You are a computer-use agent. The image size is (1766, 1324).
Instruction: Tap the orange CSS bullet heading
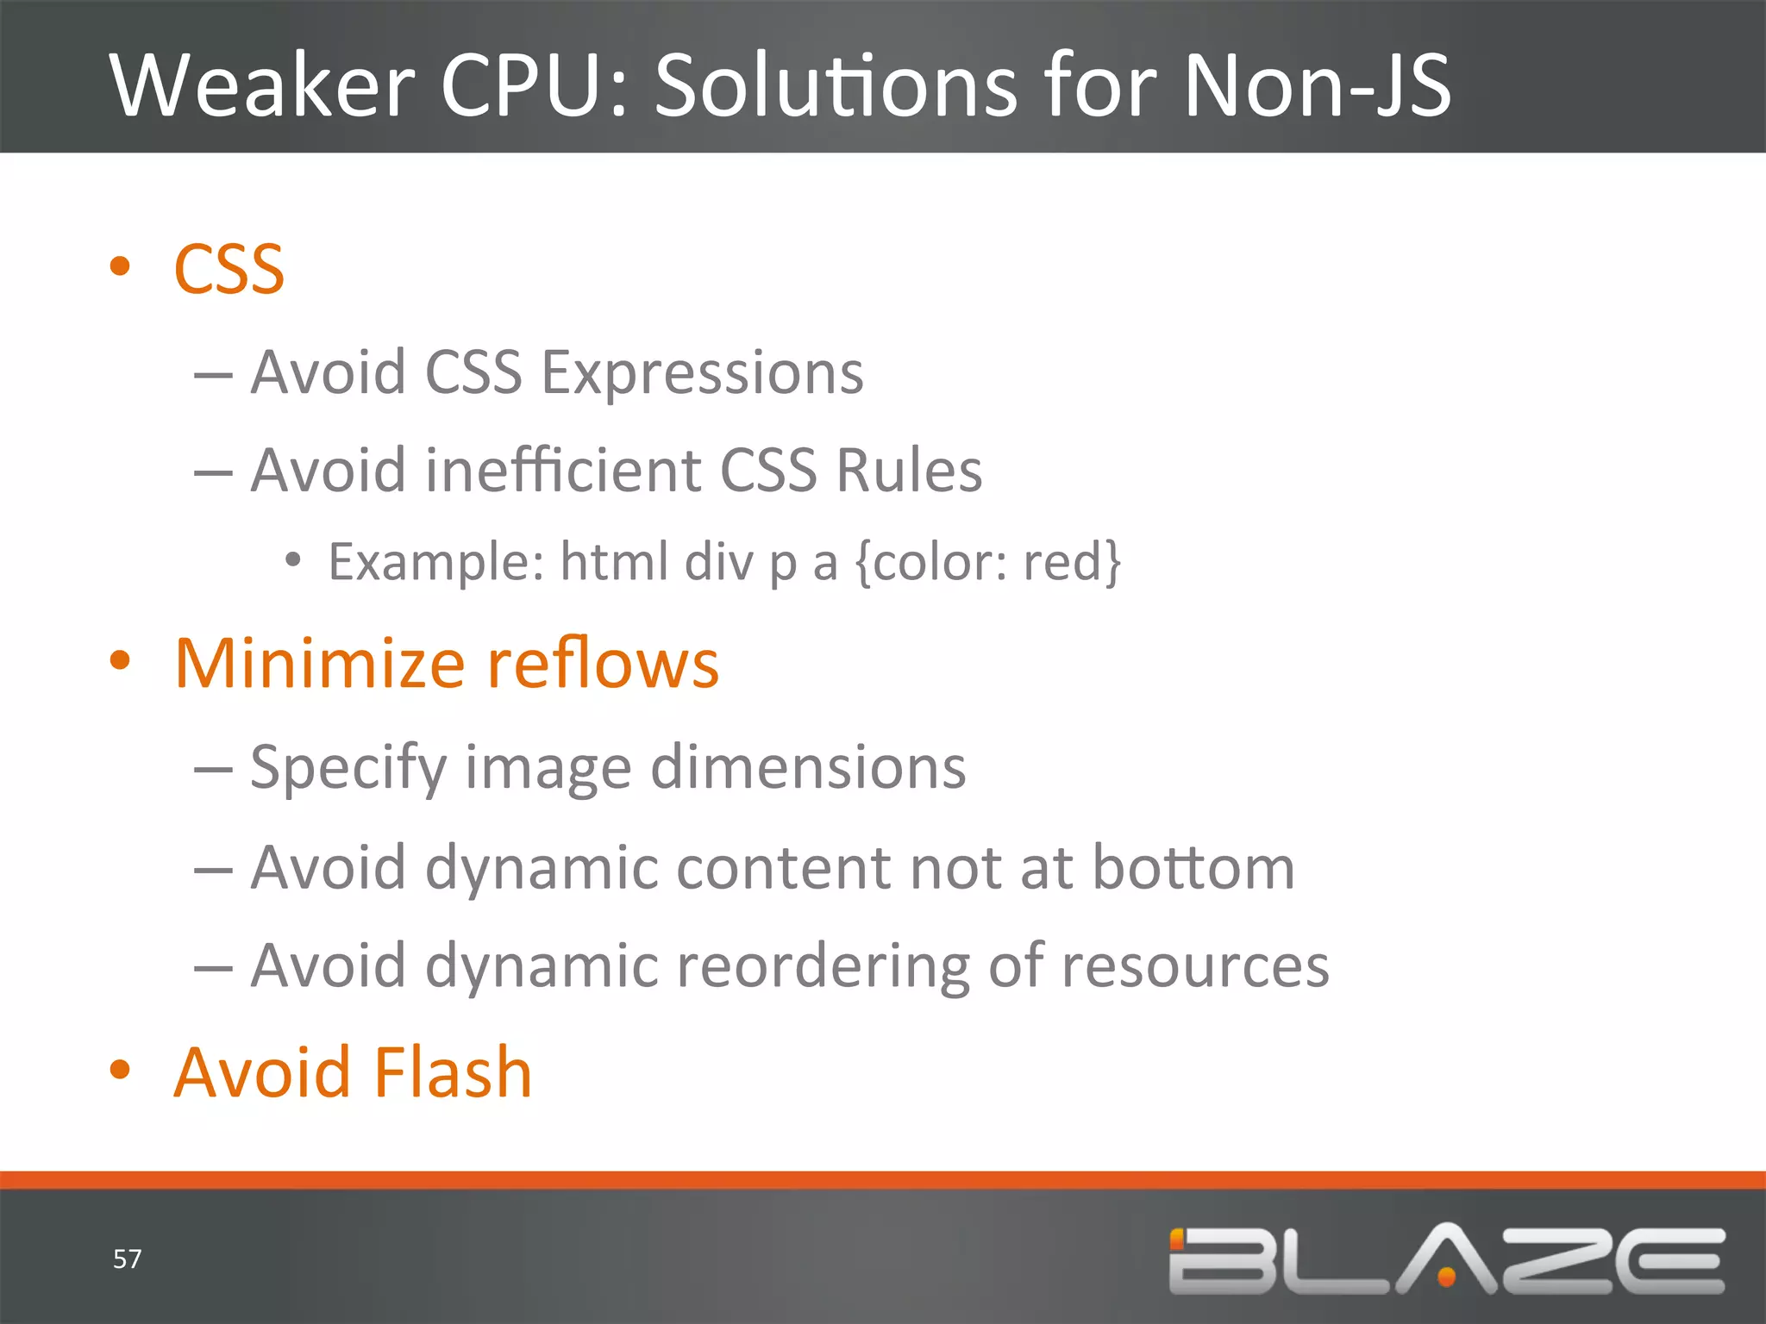pyautogui.click(x=229, y=270)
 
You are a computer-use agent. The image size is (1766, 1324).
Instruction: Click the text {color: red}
pyautogui.click(x=988, y=562)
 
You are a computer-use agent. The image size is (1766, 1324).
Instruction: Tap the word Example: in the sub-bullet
pyautogui.click(x=436, y=562)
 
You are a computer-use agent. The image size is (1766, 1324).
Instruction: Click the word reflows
pyautogui.click(x=603, y=664)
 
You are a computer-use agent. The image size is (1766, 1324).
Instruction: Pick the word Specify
pyautogui.click(x=348, y=769)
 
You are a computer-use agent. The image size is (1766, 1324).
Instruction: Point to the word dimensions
pyautogui.click(x=808, y=767)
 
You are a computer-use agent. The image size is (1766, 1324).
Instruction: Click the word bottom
pyautogui.click(x=1193, y=867)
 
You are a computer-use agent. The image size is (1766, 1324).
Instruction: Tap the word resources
pyautogui.click(x=1195, y=967)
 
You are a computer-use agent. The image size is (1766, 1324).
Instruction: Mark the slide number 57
pyautogui.click(x=127, y=1259)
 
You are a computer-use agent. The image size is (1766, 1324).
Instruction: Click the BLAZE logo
pyautogui.click(x=1446, y=1259)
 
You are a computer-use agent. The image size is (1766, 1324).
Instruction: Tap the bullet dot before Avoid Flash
pyautogui.click(x=120, y=1070)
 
